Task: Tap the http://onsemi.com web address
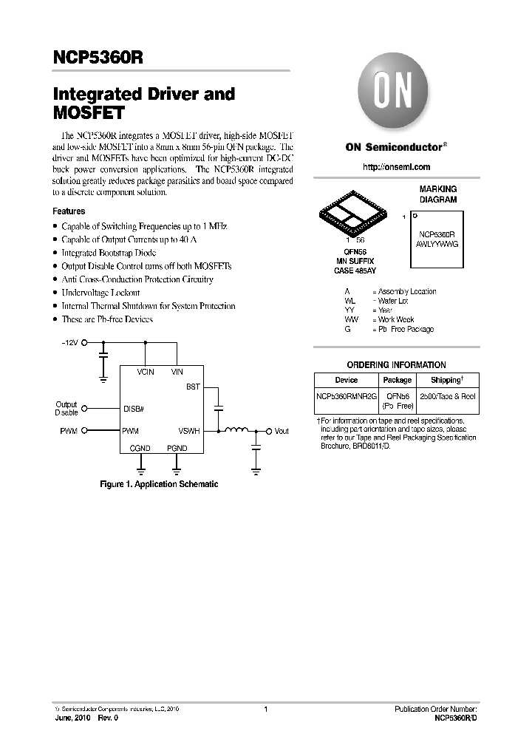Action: tap(396, 168)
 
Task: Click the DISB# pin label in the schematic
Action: tap(134, 408)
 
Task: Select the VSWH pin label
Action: tap(189, 431)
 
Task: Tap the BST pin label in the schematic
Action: tap(193, 387)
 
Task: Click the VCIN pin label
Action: tap(145, 372)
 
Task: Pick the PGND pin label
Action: tap(177, 448)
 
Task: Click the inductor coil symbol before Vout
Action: tap(236, 429)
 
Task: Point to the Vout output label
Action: tap(281, 431)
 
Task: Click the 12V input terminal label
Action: tap(69, 343)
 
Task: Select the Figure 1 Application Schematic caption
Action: tap(159, 484)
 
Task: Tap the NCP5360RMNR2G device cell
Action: tap(346, 396)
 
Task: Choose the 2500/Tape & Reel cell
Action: tap(448, 396)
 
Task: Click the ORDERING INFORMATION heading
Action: tap(396, 364)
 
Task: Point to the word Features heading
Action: tap(69, 211)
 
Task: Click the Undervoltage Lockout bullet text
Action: tap(100, 293)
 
